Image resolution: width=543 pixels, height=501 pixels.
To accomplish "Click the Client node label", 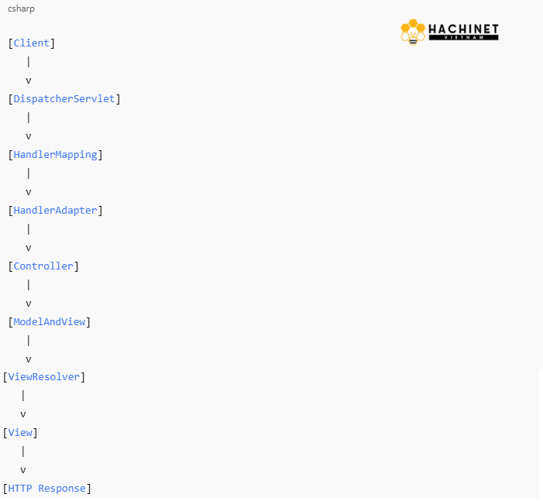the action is click(32, 43).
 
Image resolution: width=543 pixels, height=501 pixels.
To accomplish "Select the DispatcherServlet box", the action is click(64, 98).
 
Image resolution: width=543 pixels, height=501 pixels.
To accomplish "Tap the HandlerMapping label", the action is click(56, 155).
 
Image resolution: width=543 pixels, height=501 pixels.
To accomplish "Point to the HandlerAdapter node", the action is click(56, 211).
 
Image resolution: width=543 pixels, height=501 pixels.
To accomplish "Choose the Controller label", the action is click(43, 266).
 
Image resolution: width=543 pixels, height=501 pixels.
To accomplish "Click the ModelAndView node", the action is click(50, 321).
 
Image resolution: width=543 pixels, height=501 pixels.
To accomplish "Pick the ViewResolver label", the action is click(44, 376).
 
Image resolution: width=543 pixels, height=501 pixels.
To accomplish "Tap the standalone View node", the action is click(20, 432).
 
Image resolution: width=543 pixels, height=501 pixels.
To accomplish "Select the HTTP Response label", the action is click(46, 488).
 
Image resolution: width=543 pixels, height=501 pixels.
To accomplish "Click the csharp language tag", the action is click(21, 9).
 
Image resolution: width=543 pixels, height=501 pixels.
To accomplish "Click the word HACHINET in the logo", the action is click(463, 29).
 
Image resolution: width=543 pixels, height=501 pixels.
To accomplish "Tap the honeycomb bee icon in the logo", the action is click(413, 33).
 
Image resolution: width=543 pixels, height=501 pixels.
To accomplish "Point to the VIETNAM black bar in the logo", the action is click(463, 37).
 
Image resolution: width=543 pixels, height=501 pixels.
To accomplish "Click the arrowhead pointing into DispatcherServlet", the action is click(29, 81).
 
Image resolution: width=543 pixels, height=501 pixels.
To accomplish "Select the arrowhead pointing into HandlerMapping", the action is click(29, 137).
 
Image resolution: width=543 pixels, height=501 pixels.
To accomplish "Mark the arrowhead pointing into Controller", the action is click(29, 249).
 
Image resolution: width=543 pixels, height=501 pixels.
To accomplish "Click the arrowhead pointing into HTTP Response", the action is click(23, 471).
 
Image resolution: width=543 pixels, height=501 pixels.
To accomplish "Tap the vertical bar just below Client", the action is click(29, 62).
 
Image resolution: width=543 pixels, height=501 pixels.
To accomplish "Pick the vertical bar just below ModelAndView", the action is click(29, 341).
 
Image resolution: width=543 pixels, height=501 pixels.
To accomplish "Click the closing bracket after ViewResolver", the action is click(83, 377).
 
